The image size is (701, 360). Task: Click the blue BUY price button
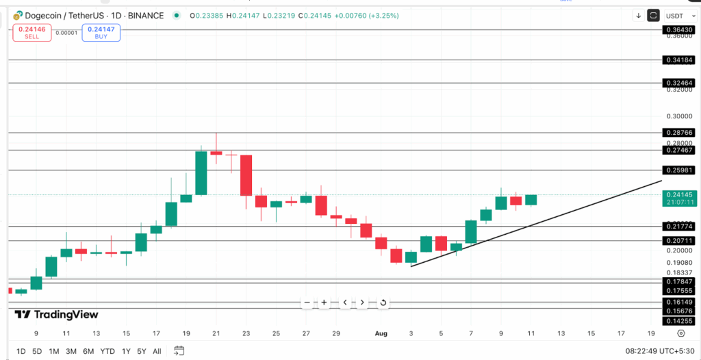click(101, 32)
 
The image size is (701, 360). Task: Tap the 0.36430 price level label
click(678, 30)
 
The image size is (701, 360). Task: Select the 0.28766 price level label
click(678, 133)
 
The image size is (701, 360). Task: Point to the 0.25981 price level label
click(678, 170)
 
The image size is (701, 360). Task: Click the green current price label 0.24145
click(678, 194)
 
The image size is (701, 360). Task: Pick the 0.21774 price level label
click(678, 226)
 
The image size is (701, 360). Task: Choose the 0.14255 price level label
click(678, 320)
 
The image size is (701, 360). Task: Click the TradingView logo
click(57, 315)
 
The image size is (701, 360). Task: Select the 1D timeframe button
click(21, 351)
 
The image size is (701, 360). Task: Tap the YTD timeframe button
click(107, 351)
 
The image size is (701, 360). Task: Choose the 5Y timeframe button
click(141, 351)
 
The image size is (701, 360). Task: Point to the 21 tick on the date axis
click(216, 333)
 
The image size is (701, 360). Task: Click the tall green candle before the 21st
click(201, 172)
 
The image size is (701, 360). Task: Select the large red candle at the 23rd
click(246, 175)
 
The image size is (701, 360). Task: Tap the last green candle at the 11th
click(531, 200)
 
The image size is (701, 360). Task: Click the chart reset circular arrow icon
click(383, 303)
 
